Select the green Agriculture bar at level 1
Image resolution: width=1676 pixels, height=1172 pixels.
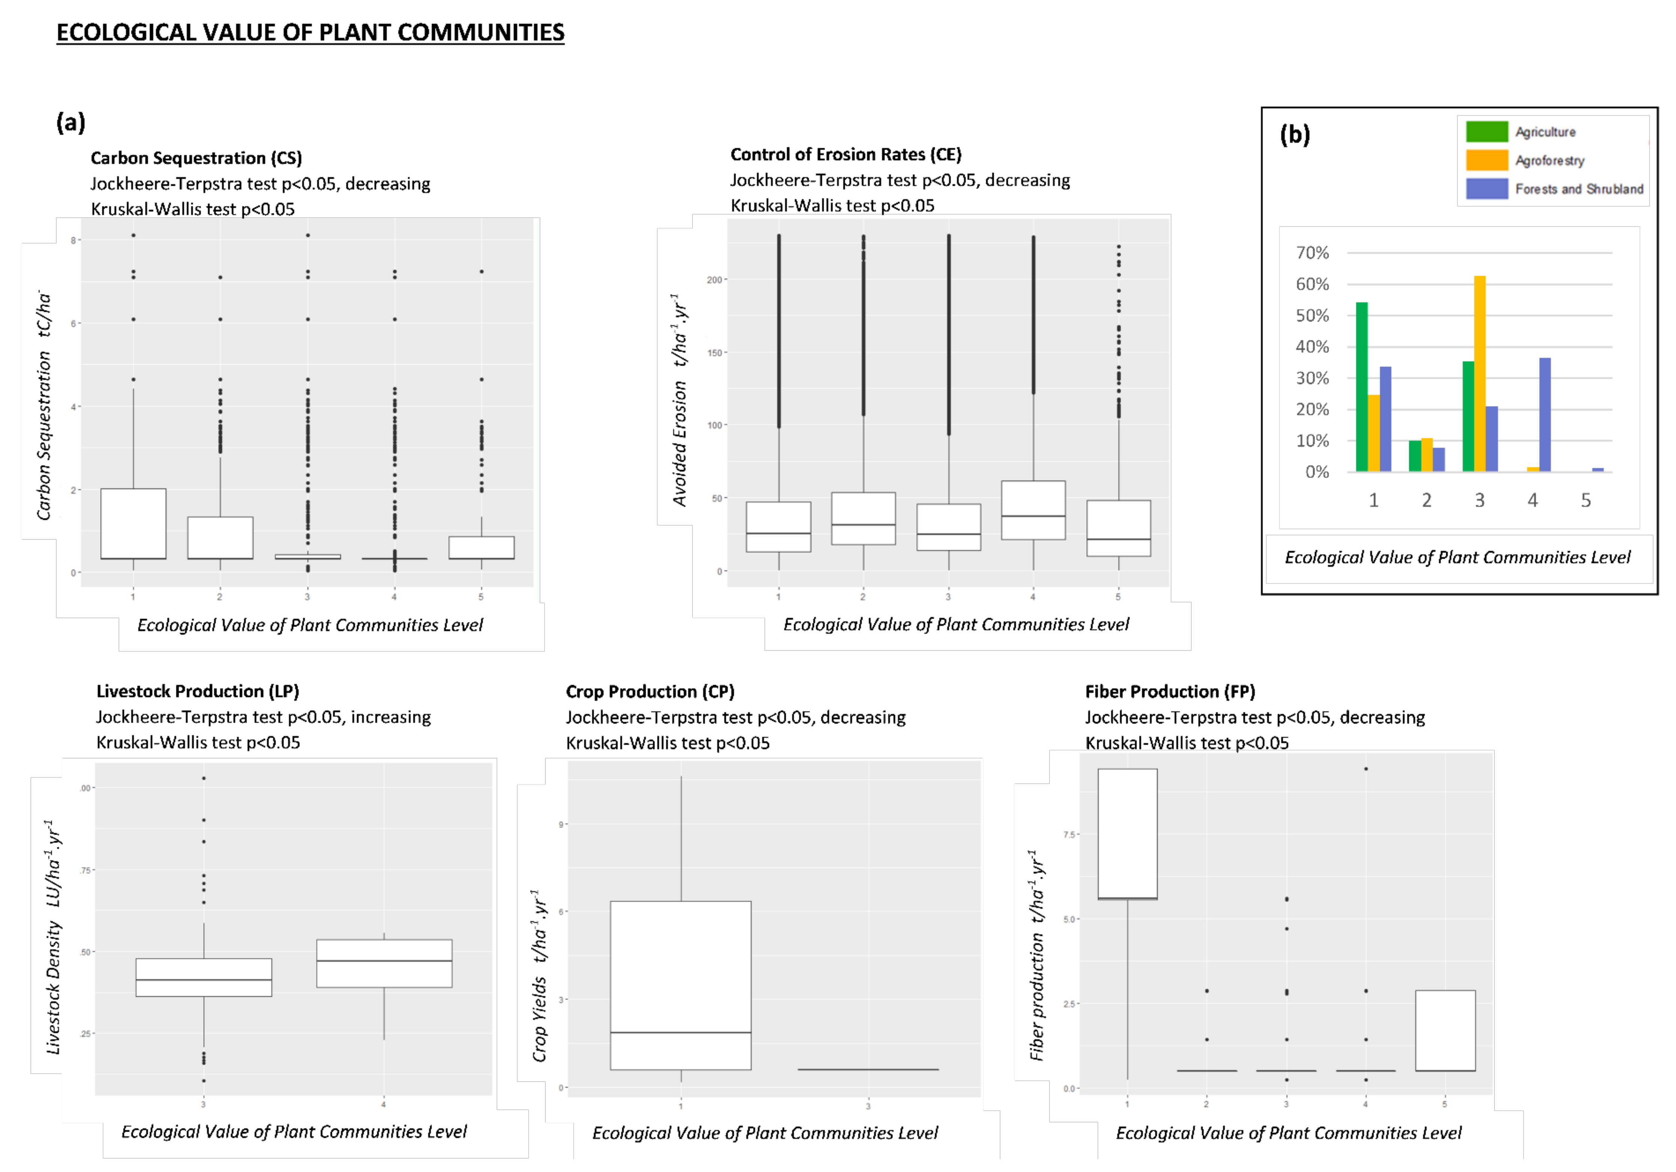1361,387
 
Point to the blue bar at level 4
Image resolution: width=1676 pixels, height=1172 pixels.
1545,415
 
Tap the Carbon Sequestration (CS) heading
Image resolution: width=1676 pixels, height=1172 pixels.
196,158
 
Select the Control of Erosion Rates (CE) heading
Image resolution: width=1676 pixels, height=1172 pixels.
845,154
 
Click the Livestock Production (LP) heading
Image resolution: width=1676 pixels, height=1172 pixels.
197,691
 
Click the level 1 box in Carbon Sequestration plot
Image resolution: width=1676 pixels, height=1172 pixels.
133,524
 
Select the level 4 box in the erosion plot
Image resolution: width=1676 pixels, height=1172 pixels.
1033,510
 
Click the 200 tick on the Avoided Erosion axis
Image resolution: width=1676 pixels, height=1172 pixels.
714,279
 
